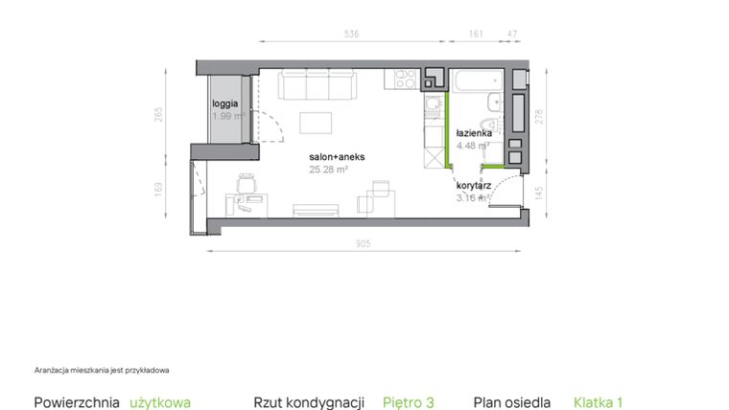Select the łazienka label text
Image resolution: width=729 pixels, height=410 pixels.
(x=474, y=134)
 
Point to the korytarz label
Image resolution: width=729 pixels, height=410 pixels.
(x=474, y=187)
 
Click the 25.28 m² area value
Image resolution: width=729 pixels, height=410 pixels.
(x=328, y=169)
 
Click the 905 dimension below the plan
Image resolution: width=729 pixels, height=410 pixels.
(x=363, y=243)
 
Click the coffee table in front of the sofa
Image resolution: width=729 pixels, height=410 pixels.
(x=317, y=123)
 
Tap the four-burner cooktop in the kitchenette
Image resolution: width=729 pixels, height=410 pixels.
(x=401, y=80)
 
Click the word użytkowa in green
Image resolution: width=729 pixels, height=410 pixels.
(x=160, y=402)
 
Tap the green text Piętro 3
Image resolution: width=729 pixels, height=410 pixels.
(x=409, y=402)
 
